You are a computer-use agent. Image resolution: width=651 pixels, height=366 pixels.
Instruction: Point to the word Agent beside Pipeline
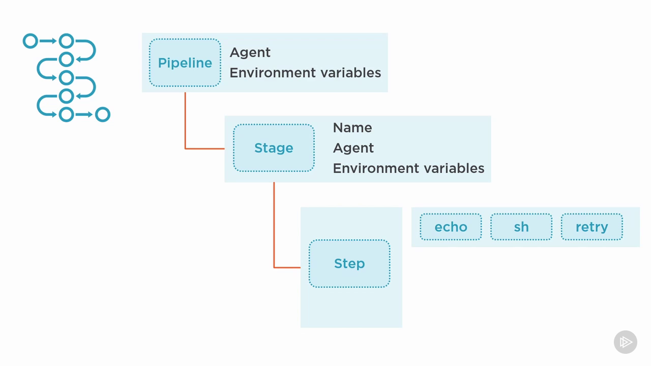coord(250,52)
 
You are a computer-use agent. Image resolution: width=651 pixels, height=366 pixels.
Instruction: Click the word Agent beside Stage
coord(353,148)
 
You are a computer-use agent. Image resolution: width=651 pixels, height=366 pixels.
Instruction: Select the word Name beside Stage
coord(352,128)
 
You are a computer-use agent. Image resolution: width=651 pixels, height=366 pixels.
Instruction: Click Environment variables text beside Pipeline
coord(305,73)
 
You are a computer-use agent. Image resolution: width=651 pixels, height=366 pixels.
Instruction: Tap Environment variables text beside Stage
coord(408,168)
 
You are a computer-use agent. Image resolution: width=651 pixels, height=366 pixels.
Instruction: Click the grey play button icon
coord(626,342)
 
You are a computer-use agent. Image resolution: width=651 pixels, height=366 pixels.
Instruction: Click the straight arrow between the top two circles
coord(48,41)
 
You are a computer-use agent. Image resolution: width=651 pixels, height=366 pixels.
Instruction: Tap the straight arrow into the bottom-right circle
coord(84,114)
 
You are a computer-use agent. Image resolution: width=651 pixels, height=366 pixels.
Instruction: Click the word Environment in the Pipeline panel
coord(273,73)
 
